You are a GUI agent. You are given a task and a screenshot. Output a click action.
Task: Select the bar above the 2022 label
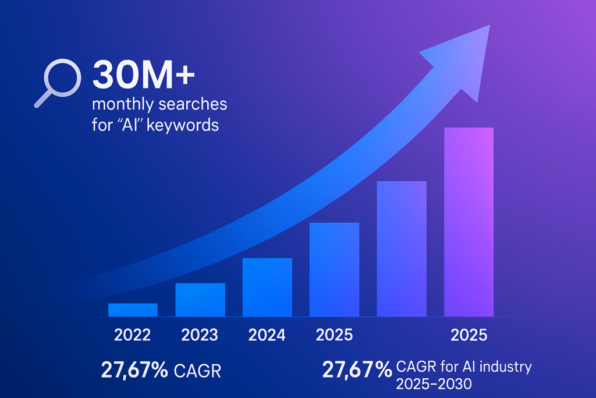point(133,309)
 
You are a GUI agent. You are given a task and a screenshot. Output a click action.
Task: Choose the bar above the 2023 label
point(200,300)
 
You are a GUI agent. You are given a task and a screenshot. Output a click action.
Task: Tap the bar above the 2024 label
point(267,287)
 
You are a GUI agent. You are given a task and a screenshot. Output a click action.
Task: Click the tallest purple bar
point(469,222)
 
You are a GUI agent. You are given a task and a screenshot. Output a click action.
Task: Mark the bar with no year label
point(402,249)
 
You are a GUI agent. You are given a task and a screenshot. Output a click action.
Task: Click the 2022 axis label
point(133,335)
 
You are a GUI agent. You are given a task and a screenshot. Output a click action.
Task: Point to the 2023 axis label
point(200,335)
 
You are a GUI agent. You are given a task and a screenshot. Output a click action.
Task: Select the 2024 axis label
point(267,335)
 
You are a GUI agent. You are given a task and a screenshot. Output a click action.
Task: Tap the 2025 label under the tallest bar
point(469,335)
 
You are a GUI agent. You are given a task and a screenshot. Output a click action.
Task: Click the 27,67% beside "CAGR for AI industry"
point(357,369)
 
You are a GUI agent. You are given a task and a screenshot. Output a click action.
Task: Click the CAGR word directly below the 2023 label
point(197,371)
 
